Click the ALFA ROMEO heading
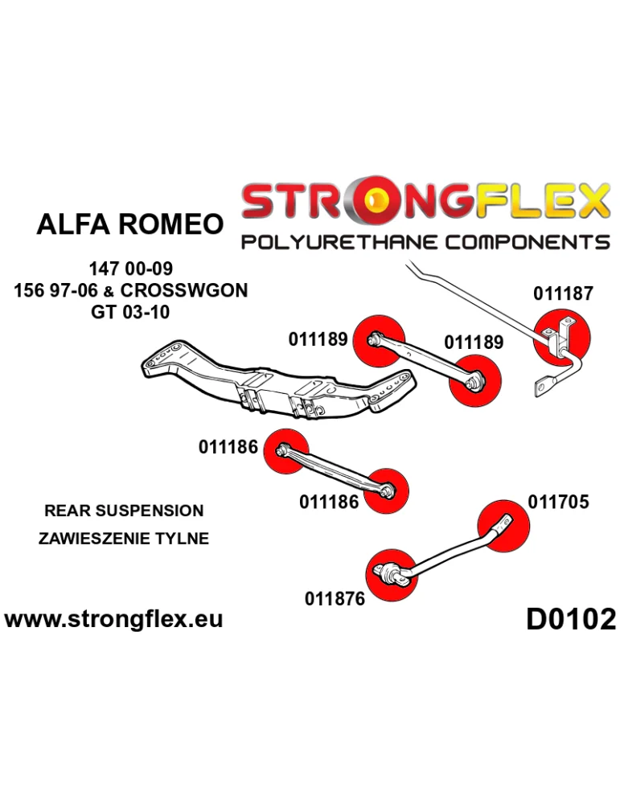129,224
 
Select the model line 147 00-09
131,269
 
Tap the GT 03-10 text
130,312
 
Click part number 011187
563,293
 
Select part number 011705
559,502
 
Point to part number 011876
335,598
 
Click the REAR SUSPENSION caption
124,511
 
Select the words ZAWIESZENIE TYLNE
124,539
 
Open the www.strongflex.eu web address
113,619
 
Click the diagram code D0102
571,619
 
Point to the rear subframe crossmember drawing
273,386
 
